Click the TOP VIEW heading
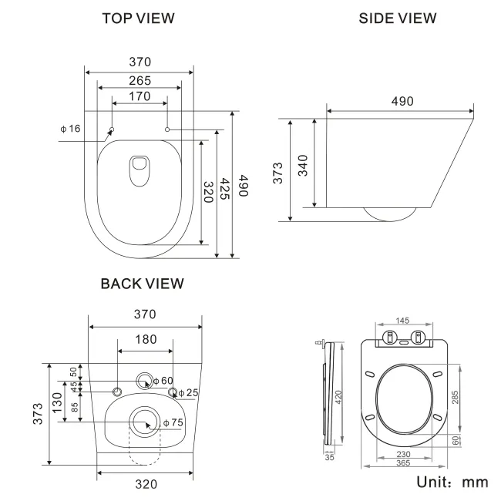click(138, 18)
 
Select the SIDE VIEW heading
click(398, 18)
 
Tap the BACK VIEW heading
click(143, 284)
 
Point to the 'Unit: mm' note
click(452, 482)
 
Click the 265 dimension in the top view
click(140, 79)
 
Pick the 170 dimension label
click(140, 96)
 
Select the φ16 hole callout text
click(70, 128)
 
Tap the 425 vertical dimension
click(224, 192)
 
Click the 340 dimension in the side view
click(302, 166)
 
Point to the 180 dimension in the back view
click(145, 339)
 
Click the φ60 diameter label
click(163, 381)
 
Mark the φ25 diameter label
click(188, 393)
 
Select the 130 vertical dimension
click(56, 402)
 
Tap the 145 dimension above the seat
click(403, 321)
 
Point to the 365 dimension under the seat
click(404, 463)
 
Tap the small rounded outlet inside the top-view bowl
click(140, 170)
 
